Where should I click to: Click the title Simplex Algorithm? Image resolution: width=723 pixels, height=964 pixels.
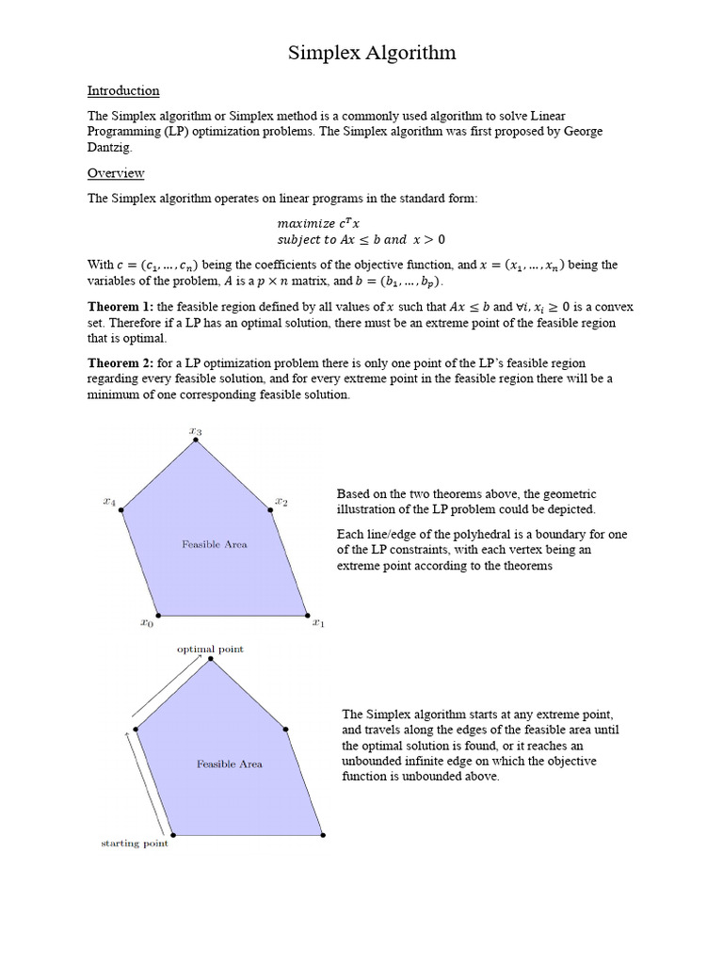click(x=372, y=53)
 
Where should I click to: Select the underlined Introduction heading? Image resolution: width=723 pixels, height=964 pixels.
click(x=123, y=91)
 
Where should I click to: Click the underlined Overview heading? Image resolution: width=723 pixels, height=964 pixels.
click(x=116, y=173)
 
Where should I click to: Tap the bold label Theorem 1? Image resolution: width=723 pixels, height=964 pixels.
click(x=120, y=307)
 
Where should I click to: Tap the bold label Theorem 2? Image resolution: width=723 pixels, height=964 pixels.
click(x=120, y=362)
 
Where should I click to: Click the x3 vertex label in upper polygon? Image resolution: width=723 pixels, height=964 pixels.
click(x=195, y=431)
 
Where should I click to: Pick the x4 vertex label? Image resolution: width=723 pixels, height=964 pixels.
click(x=109, y=503)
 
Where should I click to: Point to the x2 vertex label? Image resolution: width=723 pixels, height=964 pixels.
click(x=281, y=503)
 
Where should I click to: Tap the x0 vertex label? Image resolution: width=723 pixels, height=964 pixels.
click(x=146, y=622)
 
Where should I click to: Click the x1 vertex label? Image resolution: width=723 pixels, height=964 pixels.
click(x=318, y=622)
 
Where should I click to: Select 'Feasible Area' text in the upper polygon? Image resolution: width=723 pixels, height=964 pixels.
click(x=215, y=544)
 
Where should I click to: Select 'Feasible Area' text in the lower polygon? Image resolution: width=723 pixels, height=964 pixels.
click(x=229, y=764)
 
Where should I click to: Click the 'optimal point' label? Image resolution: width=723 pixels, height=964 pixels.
click(x=210, y=650)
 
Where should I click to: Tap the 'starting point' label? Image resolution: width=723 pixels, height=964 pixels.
click(x=135, y=843)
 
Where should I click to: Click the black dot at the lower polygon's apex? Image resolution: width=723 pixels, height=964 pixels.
click(x=211, y=659)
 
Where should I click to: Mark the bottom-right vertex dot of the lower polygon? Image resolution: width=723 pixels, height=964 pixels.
click(x=322, y=834)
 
